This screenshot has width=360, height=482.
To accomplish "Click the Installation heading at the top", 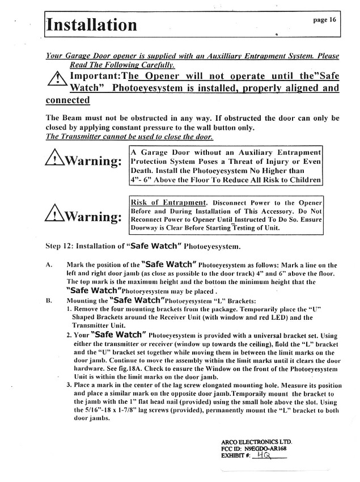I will click(92, 25).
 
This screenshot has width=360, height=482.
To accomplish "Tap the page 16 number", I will click(324, 19).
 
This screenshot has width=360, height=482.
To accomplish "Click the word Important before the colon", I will click(94, 77).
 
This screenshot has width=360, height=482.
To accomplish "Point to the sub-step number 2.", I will click(69, 335).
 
